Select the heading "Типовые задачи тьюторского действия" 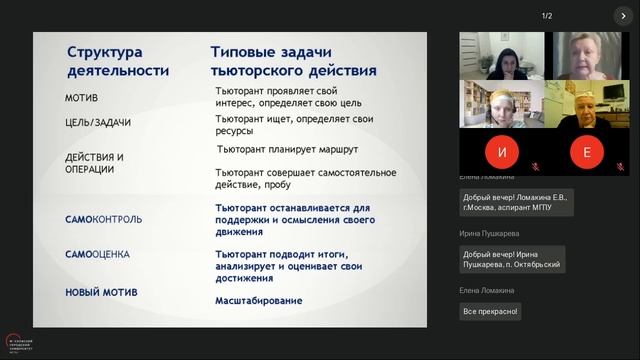point(293,61)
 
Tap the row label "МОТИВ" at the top point(81,98)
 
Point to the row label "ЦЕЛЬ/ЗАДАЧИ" point(98,123)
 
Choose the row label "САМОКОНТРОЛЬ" point(103,219)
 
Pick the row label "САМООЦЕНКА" point(97,254)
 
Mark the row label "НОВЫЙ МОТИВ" point(100,292)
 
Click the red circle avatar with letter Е point(587,152)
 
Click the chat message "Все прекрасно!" point(490,311)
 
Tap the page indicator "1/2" point(547,16)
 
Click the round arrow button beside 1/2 point(625,16)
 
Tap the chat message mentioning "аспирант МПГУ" point(513,203)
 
